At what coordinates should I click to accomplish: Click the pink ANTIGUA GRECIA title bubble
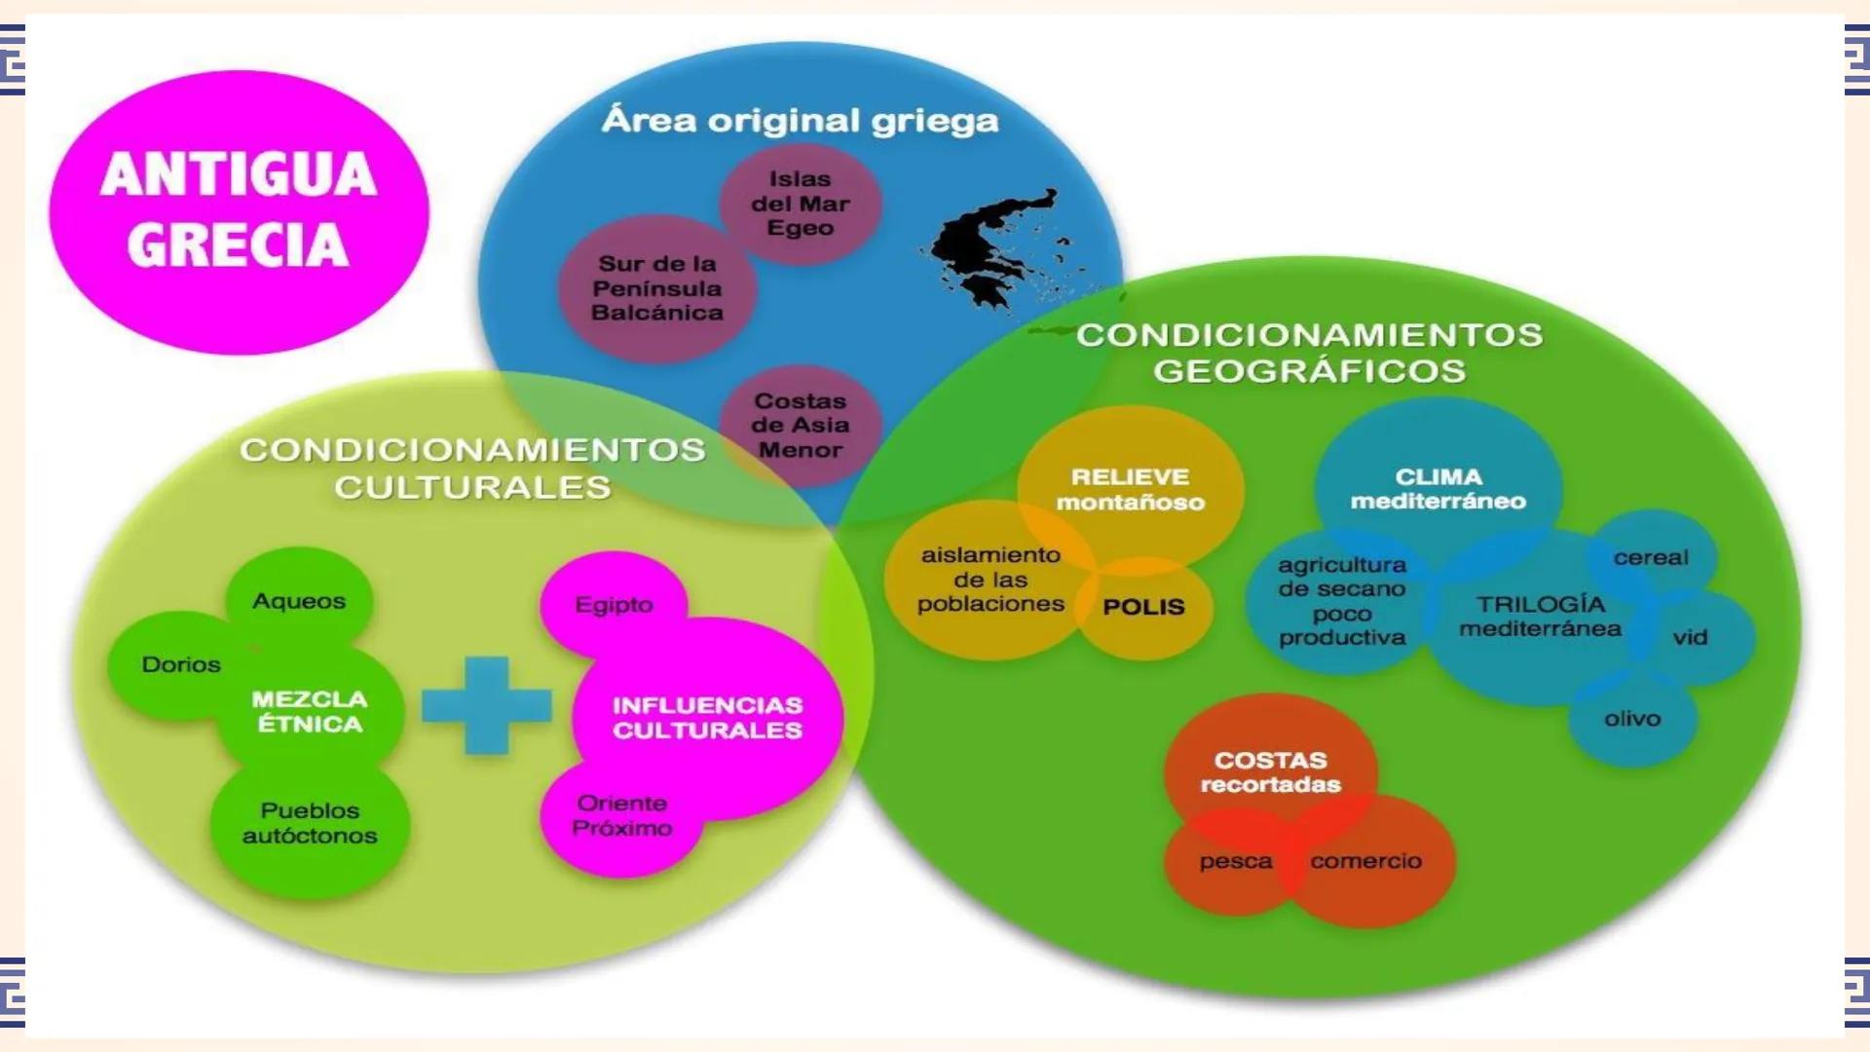coord(239,210)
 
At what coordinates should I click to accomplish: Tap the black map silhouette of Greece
coord(984,248)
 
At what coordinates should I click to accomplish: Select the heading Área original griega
coord(800,121)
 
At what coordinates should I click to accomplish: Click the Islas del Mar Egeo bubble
coord(800,204)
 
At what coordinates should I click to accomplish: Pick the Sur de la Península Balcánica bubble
coord(657,288)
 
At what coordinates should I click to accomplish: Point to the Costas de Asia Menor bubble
coord(801,426)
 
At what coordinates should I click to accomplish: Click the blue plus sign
coord(487,705)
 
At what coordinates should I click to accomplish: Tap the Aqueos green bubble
coord(299,601)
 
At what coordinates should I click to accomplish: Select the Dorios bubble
coord(180,665)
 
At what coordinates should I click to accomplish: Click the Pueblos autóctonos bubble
coord(310,824)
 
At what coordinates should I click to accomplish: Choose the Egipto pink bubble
coord(614,605)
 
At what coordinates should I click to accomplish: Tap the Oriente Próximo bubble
coord(621,816)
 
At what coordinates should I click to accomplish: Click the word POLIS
coord(1143,607)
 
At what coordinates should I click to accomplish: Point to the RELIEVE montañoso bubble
coord(1130,489)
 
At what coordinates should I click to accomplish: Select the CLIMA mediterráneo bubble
coord(1438,489)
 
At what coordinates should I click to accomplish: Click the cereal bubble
coord(1651,558)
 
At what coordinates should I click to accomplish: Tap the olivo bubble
coord(1632,719)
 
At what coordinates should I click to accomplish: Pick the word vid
coord(1690,637)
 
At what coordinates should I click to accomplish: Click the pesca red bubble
coord(1235,862)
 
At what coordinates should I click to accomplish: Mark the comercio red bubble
coord(1365,861)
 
